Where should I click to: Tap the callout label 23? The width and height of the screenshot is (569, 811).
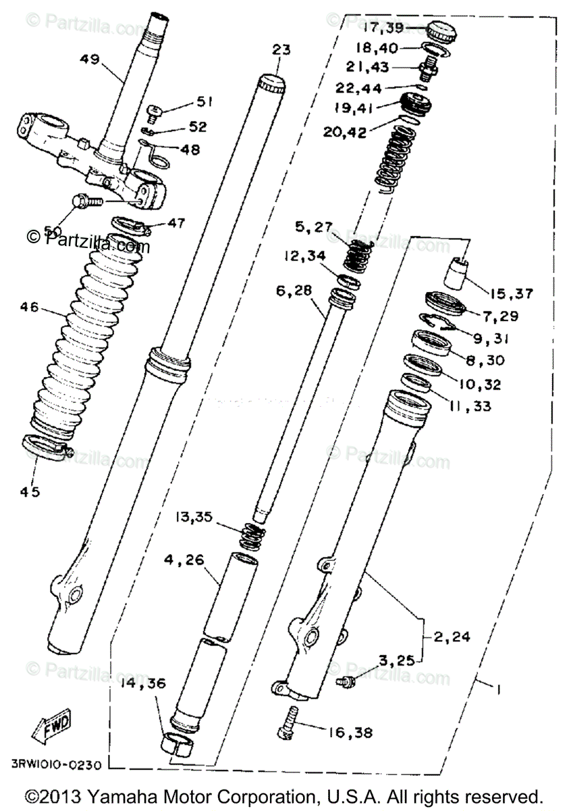281,49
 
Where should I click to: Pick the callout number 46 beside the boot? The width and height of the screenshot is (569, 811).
30,308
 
